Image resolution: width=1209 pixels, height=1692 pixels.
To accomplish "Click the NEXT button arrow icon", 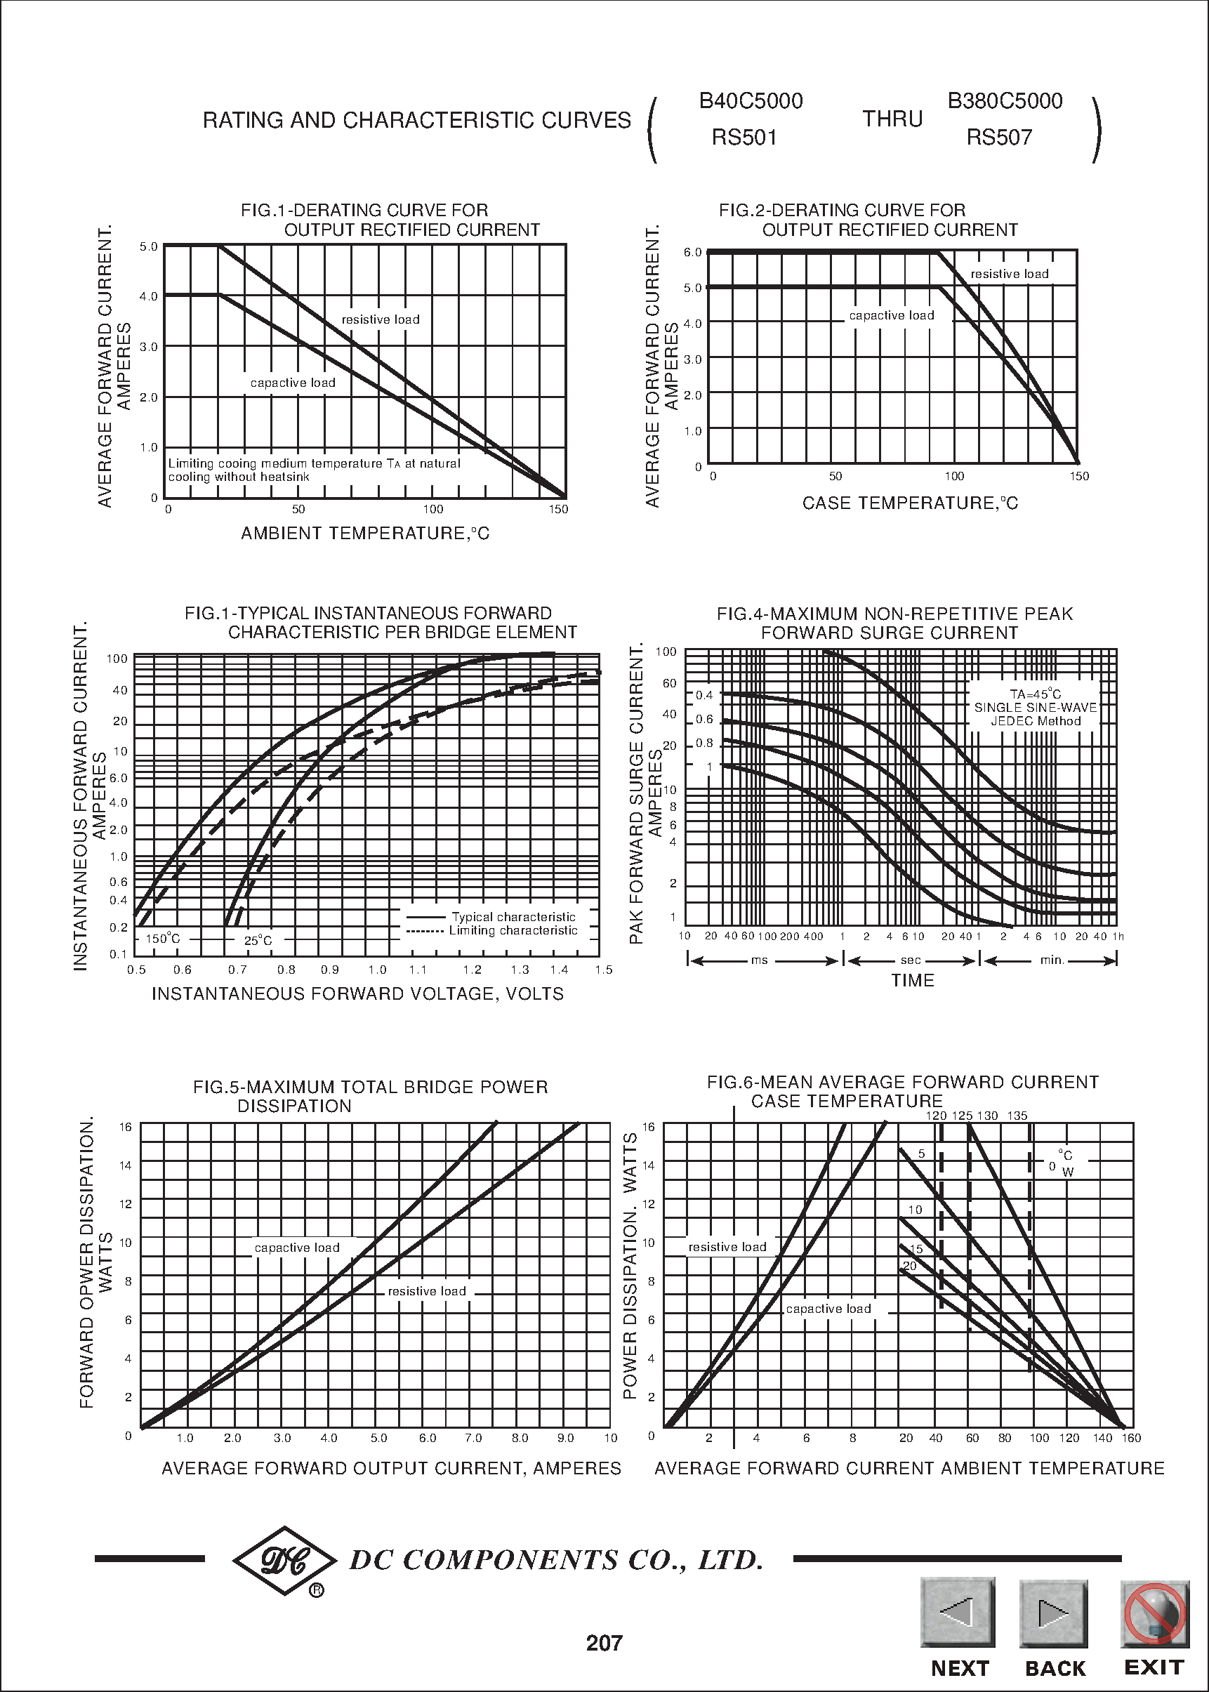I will click(x=958, y=1611).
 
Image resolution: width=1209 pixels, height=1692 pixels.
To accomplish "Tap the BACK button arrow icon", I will click(x=1053, y=1613).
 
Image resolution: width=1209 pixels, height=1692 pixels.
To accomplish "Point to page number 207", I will click(x=604, y=1643).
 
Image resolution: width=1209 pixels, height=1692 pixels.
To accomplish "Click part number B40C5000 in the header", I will click(x=751, y=101).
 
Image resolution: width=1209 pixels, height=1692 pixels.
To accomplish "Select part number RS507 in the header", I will click(x=999, y=138).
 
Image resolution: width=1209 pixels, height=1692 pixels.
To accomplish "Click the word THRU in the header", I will click(x=892, y=119).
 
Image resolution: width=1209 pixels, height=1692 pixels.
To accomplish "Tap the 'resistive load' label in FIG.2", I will click(x=1009, y=274).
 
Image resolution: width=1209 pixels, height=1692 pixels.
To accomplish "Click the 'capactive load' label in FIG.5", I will click(x=297, y=1248).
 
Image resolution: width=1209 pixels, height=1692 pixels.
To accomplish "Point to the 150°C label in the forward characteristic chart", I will click(x=162, y=939).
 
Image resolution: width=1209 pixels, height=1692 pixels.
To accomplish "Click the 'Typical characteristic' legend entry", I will click(x=513, y=917).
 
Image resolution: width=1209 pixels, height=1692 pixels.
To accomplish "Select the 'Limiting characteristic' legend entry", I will click(x=513, y=930).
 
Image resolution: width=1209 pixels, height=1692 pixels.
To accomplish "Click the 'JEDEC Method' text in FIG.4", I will click(x=1036, y=720).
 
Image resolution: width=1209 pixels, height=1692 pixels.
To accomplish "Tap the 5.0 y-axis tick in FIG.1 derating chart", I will click(x=148, y=246).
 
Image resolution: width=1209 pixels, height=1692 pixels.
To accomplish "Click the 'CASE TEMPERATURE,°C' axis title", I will click(x=910, y=503).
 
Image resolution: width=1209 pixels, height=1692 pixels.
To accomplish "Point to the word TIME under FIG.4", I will click(x=913, y=980).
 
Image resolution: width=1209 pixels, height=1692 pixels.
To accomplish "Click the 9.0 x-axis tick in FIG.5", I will click(x=566, y=1438).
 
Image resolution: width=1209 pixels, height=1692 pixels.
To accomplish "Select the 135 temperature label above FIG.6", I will click(x=1017, y=1116).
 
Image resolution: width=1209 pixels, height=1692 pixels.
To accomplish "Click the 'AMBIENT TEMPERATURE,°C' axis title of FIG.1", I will click(x=365, y=533).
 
